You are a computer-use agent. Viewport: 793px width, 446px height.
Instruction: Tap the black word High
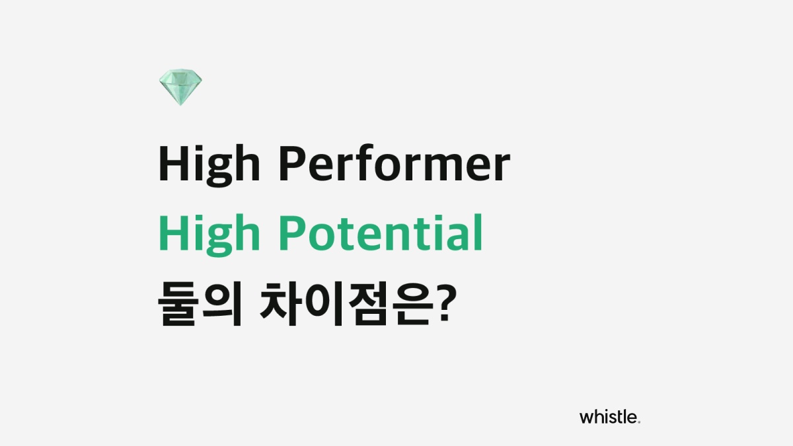tap(208, 165)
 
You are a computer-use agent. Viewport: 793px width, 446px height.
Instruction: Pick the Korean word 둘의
tap(198, 306)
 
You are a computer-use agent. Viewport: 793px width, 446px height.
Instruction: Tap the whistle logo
tap(609, 416)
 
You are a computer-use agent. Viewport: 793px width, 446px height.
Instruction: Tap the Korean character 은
tap(404, 306)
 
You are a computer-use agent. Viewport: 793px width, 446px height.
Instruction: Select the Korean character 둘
tap(176, 306)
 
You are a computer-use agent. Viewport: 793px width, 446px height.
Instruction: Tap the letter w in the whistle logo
tap(585, 418)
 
